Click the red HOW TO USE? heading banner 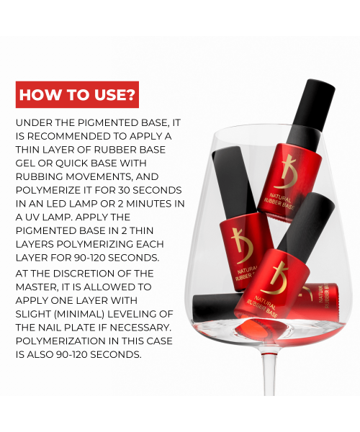click(x=77, y=94)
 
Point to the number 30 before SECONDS click(x=124, y=190)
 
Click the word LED click(x=56, y=204)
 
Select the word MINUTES click(x=147, y=204)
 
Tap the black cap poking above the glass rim click(x=311, y=113)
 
